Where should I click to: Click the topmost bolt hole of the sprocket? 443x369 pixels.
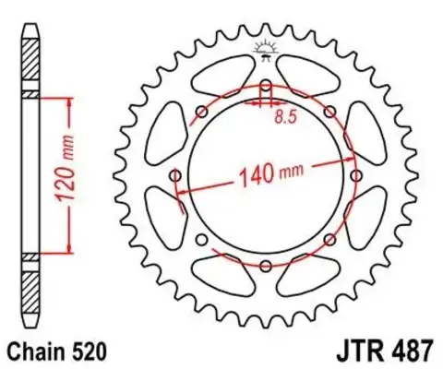pos(266,87)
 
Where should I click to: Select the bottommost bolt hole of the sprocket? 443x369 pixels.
pos(266,266)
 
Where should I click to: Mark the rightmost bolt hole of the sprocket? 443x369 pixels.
pos(355,176)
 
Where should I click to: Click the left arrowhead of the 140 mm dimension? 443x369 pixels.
pos(182,190)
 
